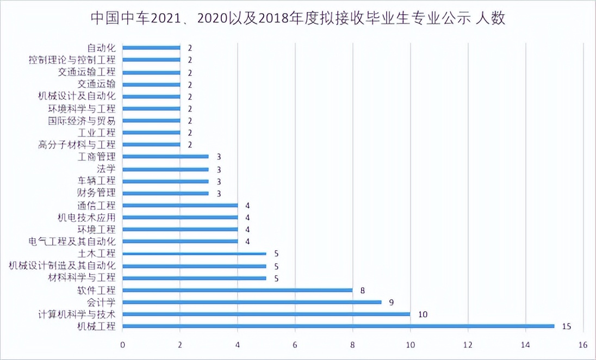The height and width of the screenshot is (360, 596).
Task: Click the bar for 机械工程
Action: coord(338,326)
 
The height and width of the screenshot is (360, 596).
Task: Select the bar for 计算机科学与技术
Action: coord(266,314)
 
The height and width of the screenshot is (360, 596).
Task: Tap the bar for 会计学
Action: coord(252,302)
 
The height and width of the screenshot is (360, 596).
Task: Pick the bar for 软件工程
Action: coord(238,290)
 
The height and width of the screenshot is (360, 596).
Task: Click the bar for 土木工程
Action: coord(194,253)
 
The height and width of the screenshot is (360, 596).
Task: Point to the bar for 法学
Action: coord(165,169)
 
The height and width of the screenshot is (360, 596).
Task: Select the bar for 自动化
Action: coord(151,48)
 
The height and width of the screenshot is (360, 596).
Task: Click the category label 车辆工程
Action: coord(97,181)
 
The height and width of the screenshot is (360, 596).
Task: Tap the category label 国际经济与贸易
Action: coord(82,121)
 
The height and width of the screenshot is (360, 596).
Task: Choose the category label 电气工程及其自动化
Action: coord(72,241)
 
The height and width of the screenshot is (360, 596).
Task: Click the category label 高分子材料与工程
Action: coord(77,145)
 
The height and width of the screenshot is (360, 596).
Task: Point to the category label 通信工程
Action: coord(97,206)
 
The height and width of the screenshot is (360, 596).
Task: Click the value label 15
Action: coord(566,326)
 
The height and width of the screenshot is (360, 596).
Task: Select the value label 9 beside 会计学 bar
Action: coord(391,302)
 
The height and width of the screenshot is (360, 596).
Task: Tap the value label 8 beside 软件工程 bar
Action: coord(362,290)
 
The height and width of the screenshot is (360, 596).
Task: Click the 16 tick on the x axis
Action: coord(583,344)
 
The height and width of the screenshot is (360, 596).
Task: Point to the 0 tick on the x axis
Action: coord(123,344)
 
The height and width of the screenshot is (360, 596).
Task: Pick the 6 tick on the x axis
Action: coord(295,344)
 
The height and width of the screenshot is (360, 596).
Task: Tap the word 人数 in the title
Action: coord(491,20)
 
